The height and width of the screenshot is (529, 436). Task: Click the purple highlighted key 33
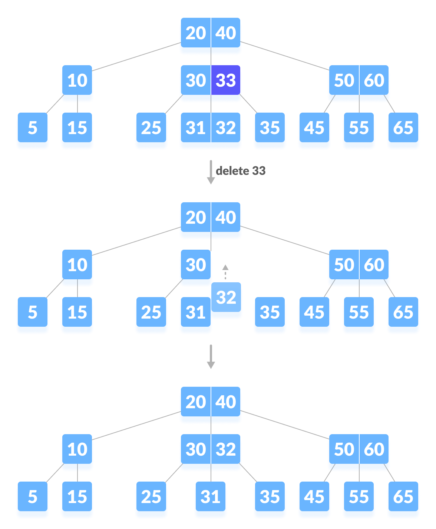coord(226,80)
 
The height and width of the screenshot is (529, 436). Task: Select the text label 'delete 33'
coord(240,171)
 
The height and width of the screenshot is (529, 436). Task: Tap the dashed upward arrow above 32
coord(225,272)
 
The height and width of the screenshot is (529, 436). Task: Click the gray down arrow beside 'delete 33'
coord(211,172)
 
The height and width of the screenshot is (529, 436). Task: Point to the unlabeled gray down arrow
coord(211,357)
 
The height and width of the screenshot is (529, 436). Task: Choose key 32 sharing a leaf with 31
coord(226,128)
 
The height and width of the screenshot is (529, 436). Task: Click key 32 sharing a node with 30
coord(226,449)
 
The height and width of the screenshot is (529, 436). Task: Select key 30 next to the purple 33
coord(195,80)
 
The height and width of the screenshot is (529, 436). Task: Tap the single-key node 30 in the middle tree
coord(195,265)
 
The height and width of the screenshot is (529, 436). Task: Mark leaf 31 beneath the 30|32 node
coord(210,497)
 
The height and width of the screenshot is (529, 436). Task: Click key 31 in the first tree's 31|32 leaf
coord(195,128)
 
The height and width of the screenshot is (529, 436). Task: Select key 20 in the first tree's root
coord(195,33)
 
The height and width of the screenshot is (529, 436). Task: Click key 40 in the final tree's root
coord(226,402)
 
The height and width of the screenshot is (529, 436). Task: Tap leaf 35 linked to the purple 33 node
coord(270,128)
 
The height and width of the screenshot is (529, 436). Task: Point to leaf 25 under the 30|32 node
coord(151,497)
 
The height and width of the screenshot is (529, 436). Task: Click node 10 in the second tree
coord(77,265)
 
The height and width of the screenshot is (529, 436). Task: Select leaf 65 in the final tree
coord(403,497)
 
